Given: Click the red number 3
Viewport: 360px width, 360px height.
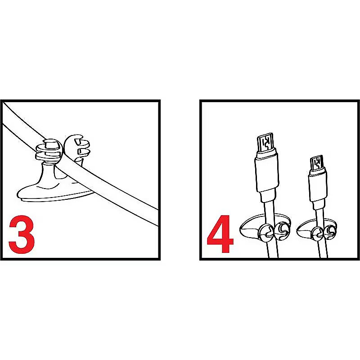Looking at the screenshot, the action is (22, 234).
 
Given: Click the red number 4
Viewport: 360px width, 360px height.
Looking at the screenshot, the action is (220, 234).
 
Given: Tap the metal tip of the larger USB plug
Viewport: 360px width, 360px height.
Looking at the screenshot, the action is (265, 142).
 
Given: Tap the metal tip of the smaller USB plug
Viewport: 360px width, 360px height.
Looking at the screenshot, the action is (317, 163).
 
